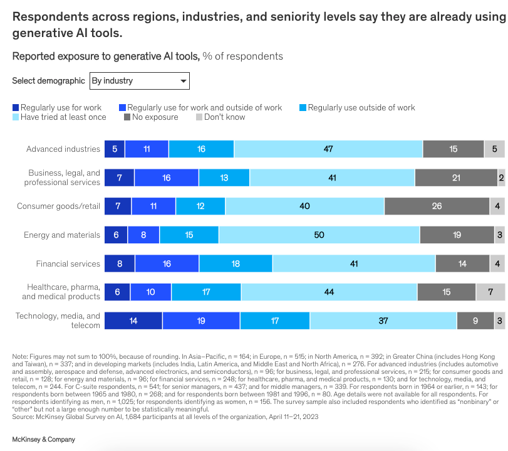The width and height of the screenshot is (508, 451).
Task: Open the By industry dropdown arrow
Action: [184, 81]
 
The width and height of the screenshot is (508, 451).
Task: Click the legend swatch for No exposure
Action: [127, 117]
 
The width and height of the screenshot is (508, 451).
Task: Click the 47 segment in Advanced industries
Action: [328, 149]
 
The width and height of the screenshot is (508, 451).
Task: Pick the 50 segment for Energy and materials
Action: [319, 235]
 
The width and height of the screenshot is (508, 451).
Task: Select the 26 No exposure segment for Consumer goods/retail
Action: [437, 206]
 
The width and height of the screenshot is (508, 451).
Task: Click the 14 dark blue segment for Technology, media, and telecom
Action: [133, 321]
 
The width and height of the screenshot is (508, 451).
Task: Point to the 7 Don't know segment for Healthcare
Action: [490, 292]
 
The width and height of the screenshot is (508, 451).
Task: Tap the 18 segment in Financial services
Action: [236, 264]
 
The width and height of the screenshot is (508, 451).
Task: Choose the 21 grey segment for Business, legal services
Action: [456, 178]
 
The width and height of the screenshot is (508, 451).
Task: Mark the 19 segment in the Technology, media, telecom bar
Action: [201, 321]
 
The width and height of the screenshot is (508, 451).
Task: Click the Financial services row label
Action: [68, 264]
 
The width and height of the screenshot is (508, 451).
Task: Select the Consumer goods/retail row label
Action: [58, 206]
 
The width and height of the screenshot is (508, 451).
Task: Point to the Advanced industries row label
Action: [63, 149]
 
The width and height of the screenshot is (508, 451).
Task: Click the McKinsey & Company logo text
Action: [43, 440]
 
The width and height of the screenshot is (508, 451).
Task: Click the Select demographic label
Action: [48, 81]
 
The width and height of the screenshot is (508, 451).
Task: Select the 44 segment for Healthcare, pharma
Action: [329, 292]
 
